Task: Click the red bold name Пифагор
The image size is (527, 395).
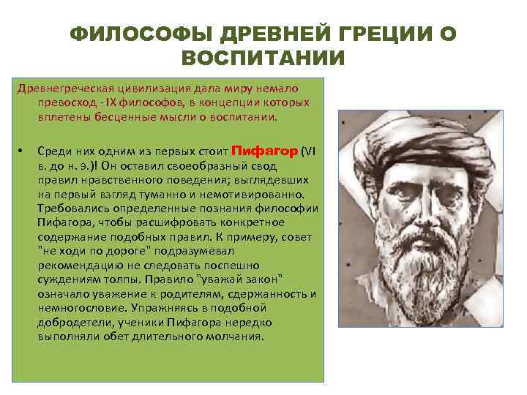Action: (x=264, y=151)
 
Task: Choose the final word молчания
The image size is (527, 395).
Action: (x=231, y=336)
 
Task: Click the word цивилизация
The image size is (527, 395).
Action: (x=130, y=89)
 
